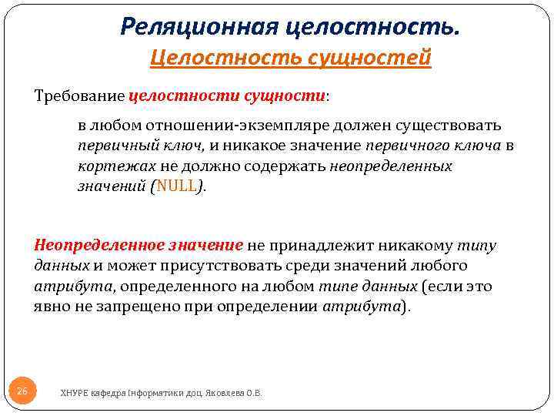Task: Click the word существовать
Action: tap(447, 126)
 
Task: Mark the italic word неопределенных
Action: tap(390, 166)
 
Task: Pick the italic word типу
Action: tap(477, 246)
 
